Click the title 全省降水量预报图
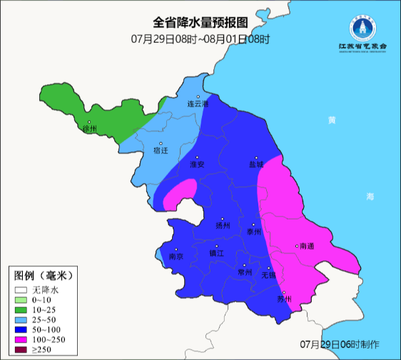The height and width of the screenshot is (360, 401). click(x=200, y=22)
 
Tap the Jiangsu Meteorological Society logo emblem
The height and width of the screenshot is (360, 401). click(x=362, y=28)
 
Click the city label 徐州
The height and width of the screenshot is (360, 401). click(x=88, y=129)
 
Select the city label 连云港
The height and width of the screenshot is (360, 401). click(x=198, y=104)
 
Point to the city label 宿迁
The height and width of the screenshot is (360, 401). click(x=161, y=151)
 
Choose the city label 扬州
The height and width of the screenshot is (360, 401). click(x=223, y=225)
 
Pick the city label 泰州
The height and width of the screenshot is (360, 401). click(x=254, y=231)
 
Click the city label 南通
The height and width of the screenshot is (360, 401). click(x=307, y=246)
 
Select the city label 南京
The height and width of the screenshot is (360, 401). click(x=176, y=256)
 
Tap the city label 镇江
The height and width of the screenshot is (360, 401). click(x=216, y=253)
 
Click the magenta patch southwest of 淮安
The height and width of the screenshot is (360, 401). click(x=182, y=191)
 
